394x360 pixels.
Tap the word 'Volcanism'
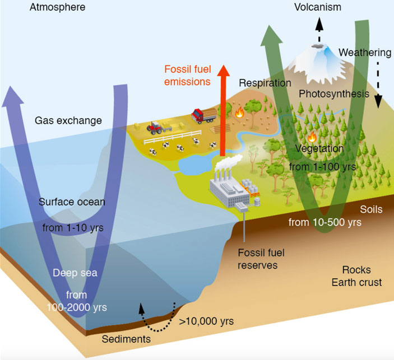click(x=318, y=8)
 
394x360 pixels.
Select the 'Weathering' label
click(x=365, y=53)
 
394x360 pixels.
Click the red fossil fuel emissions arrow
click(x=224, y=106)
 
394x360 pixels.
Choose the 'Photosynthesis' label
click(x=334, y=93)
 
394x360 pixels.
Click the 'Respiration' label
click(x=265, y=83)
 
